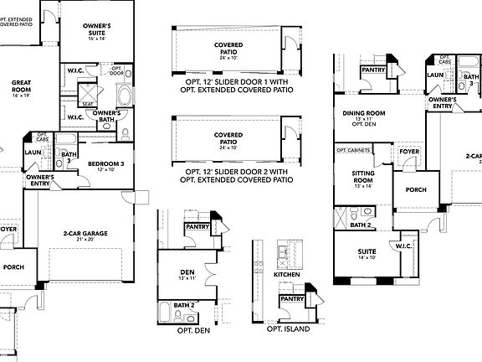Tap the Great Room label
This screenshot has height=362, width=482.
(x=21, y=86)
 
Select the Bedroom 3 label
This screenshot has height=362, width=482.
(x=106, y=163)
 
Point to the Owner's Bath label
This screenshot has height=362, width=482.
(x=107, y=116)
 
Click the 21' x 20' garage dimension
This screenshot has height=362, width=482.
(x=86, y=239)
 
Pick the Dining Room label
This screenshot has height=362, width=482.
(x=363, y=112)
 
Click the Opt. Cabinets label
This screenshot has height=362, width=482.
(x=353, y=151)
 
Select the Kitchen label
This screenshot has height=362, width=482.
(x=287, y=274)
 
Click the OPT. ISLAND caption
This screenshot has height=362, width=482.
(x=288, y=329)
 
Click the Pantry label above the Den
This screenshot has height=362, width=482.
(x=197, y=226)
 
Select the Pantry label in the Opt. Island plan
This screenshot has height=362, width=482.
(x=292, y=298)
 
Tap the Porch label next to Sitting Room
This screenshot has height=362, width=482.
(x=415, y=189)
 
